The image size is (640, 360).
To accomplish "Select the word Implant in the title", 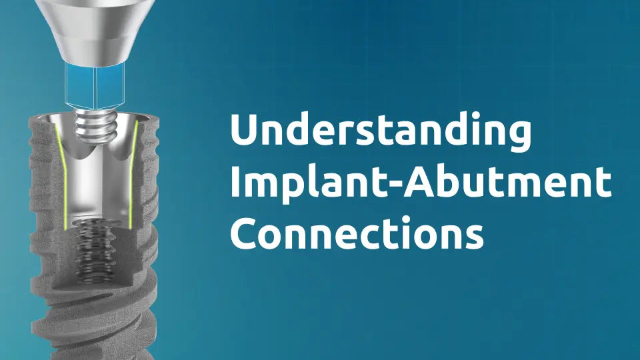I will [293, 183].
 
